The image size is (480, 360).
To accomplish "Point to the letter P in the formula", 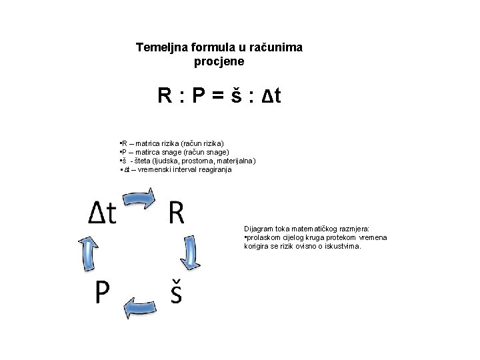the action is (198, 97).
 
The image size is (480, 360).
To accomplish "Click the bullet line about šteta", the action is (186, 161).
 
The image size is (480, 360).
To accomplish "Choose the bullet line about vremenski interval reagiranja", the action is (175, 170).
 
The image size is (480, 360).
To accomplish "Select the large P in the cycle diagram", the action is (102, 291).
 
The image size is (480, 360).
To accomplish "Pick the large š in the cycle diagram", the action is (175, 291).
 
